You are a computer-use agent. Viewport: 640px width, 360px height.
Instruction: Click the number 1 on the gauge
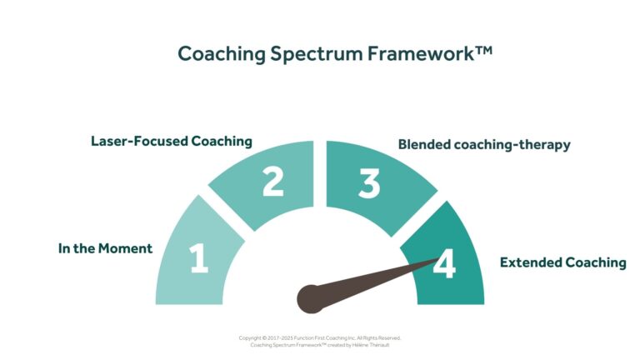(198, 259)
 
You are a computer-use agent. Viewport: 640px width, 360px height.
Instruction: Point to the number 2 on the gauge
(272, 182)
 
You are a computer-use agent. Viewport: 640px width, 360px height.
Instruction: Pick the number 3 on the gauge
(368, 183)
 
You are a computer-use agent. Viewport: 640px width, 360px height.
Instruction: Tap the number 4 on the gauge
(444, 265)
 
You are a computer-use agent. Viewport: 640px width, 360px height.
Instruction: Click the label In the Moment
(105, 248)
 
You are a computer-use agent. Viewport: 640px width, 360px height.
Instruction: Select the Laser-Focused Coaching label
(171, 141)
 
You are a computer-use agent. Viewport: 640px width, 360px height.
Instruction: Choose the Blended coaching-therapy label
(484, 144)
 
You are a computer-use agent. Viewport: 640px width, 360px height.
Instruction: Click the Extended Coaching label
(562, 262)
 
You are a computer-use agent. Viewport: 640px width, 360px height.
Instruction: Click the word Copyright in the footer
(252, 337)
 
